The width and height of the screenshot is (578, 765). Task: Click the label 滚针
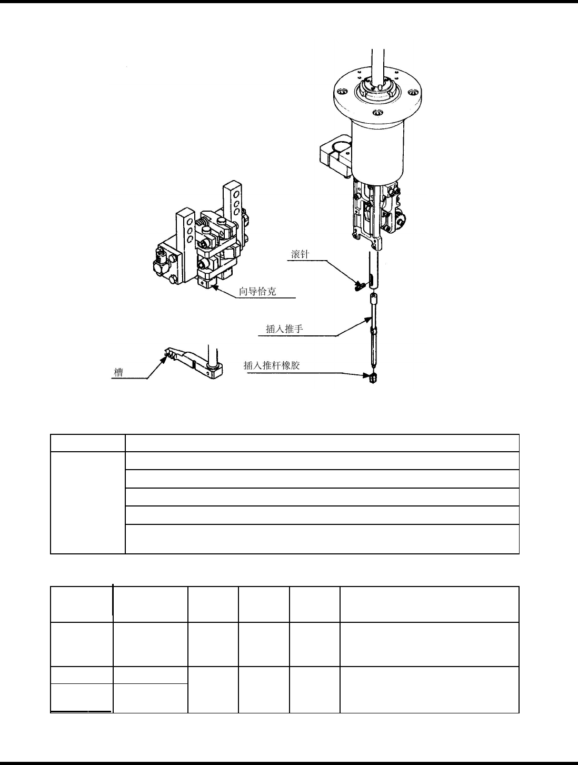point(301,254)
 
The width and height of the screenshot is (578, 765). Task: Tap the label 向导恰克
point(257,291)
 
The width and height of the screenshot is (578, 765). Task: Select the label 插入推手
point(284,330)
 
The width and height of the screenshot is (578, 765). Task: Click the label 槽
point(119,373)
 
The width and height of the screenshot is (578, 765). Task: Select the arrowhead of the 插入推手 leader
point(371,317)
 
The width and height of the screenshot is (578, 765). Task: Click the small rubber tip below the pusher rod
point(373,379)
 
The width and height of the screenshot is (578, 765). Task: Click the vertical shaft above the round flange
point(379,63)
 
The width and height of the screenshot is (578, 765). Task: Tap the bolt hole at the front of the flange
point(377,113)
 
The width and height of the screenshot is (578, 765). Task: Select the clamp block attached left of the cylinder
point(335,156)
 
